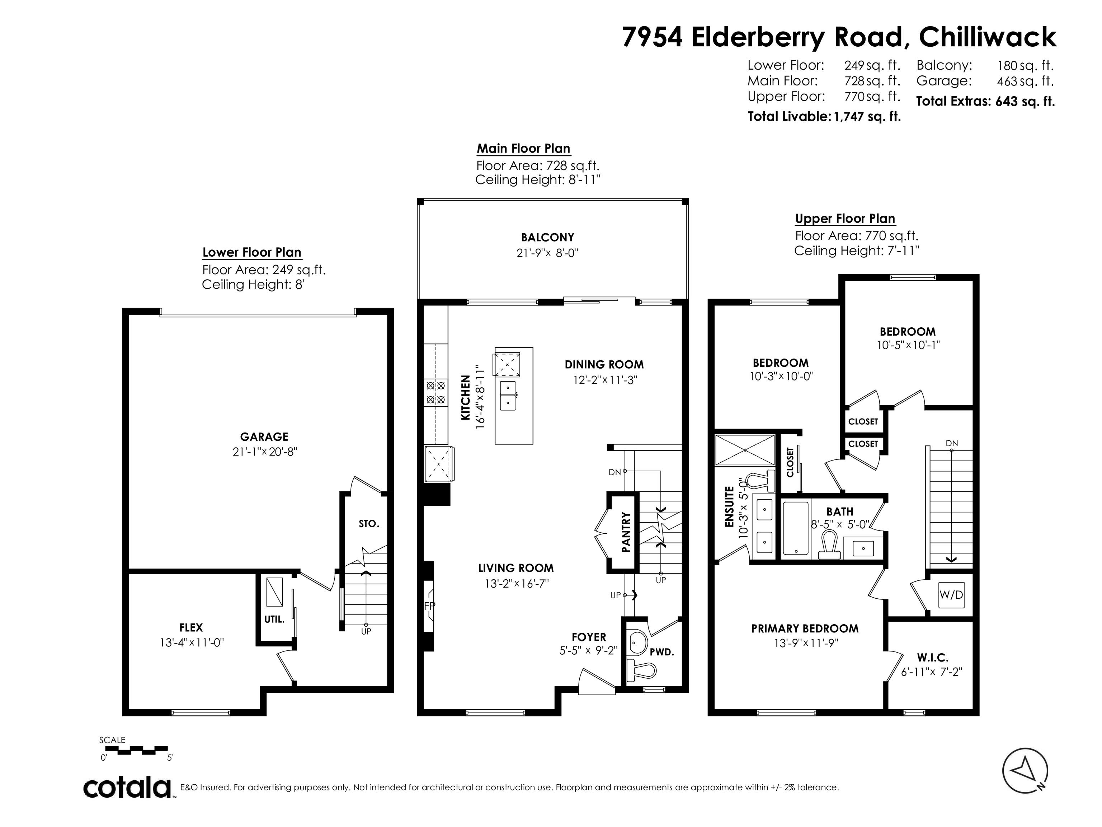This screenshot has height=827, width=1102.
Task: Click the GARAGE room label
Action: pos(264,437)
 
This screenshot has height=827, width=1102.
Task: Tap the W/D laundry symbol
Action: pos(951,595)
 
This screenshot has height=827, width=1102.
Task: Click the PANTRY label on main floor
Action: pos(626,532)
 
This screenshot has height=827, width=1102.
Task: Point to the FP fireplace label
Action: pos(429,606)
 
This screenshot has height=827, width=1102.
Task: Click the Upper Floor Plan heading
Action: pos(845,219)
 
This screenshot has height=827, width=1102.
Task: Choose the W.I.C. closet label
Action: pos(932,658)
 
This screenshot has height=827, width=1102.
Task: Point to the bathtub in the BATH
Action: pos(795,528)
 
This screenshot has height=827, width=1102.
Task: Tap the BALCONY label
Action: pos(547,237)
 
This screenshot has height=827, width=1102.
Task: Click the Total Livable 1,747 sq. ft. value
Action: pos(867,117)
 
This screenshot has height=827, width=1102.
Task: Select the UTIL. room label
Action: pos(274,620)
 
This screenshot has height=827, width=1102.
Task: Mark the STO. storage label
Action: pos(369,524)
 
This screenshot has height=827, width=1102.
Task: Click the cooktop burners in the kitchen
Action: pos(435,393)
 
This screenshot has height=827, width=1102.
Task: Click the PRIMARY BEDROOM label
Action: pos(805,629)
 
